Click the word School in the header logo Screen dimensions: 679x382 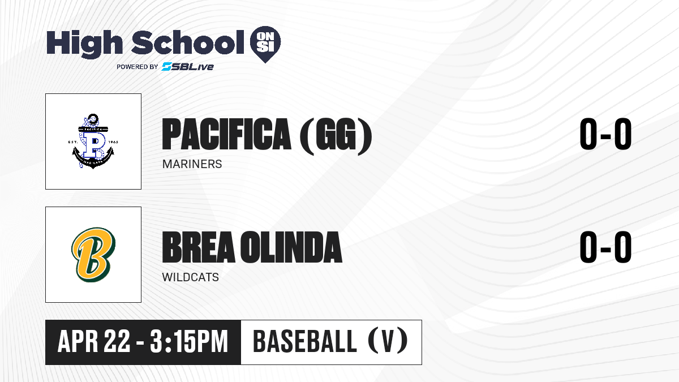(188, 42)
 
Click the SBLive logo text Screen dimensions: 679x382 (187, 66)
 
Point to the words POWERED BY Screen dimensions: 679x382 (137, 67)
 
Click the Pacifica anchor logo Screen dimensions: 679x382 (93, 141)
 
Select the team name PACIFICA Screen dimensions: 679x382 (226, 134)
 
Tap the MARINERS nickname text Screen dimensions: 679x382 (192, 164)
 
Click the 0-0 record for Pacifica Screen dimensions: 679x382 (605, 134)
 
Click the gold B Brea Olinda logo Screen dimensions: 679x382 (93, 255)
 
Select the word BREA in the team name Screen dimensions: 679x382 (199, 247)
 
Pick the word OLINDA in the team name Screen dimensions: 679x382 (291, 247)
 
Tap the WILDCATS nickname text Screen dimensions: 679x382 (190, 277)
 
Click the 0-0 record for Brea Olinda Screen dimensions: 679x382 (605, 247)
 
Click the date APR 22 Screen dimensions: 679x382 (94, 342)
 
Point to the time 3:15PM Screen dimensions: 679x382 (188, 342)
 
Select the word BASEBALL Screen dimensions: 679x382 (304, 342)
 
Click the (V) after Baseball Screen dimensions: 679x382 (388, 342)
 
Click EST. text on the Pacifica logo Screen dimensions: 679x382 (73, 142)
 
